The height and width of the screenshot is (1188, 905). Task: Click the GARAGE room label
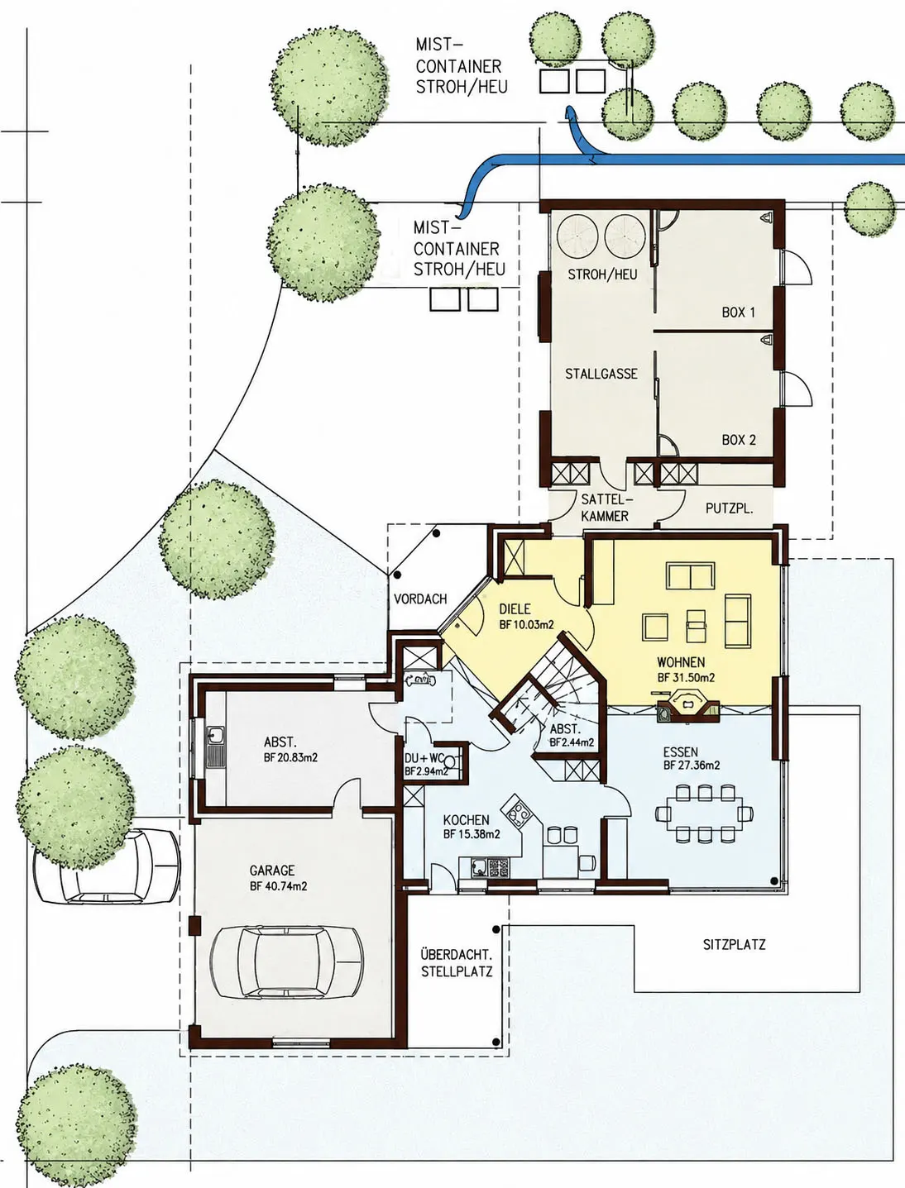click(272, 871)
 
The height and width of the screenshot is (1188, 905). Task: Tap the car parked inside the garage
click(286, 962)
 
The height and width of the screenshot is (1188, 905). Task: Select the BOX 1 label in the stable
click(738, 313)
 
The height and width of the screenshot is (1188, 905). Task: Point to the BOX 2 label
click(739, 440)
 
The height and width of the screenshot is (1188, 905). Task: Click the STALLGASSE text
click(601, 374)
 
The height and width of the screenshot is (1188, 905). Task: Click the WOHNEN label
click(681, 662)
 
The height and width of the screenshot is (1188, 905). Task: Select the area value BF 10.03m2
click(526, 624)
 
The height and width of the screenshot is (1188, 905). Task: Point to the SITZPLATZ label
click(734, 944)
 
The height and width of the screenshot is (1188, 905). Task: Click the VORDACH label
click(420, 599)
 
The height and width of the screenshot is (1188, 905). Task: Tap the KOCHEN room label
click(466, 820)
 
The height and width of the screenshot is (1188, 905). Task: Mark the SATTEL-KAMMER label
click(606, 508)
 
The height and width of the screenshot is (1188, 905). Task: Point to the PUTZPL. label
click(729, 508)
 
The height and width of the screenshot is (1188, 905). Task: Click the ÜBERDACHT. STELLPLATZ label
click(457, 963)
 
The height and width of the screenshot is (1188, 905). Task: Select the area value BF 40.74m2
click(279, 886)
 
